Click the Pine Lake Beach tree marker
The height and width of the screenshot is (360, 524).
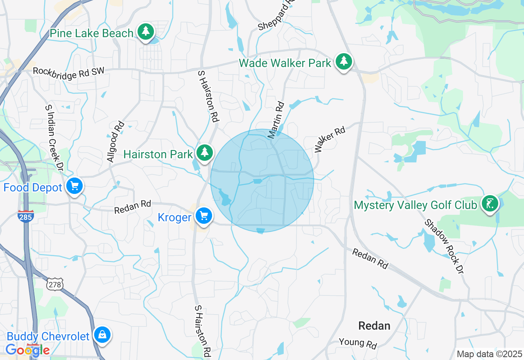(145, 32)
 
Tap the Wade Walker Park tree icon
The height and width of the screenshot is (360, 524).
(344, 61)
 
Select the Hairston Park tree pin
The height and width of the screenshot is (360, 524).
(204, 153)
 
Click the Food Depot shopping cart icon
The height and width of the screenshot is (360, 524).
(74, 186)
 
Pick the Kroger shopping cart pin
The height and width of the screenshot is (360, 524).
(203, 216)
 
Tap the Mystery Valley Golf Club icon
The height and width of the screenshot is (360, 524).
(490, 203)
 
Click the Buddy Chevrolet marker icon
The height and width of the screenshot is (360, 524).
(102, 335)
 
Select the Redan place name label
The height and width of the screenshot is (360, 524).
(374, 326)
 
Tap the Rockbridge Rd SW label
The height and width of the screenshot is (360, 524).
(68, 71)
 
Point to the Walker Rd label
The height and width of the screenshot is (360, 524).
(330, 139)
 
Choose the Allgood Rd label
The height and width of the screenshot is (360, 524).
(116, 142)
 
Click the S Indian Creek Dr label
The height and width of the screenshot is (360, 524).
(54, 137)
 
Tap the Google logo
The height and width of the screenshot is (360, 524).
(27, 350)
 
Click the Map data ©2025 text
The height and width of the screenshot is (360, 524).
(489, 354)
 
